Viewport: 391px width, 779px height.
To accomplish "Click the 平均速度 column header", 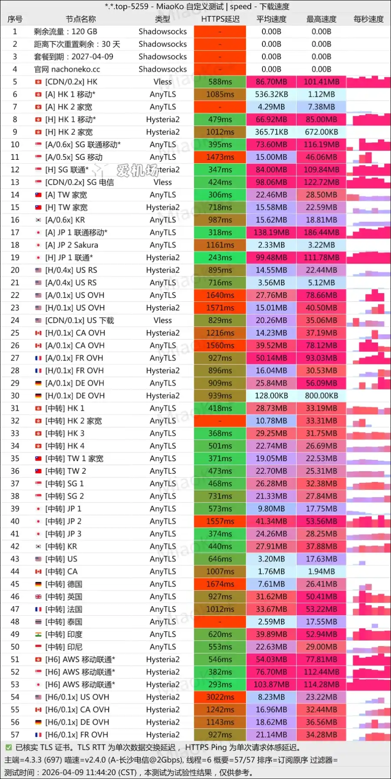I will [272, 19].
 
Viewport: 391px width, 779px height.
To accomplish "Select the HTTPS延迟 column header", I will [220, 19].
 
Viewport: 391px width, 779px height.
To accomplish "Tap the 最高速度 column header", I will [321, 19].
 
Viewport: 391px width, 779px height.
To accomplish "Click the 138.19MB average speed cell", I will [272, 233].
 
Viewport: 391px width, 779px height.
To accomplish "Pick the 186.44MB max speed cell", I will [321, 233].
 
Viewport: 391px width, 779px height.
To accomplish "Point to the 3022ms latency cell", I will [220, 697].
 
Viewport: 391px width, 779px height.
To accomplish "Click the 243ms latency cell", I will [220, 257].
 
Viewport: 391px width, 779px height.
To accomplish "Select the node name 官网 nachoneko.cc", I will [67, 69].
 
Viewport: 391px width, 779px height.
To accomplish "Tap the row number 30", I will [15, 396].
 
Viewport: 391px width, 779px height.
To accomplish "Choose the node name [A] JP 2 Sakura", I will [72, 245].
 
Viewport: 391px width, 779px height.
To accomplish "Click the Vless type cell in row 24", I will [162, 320].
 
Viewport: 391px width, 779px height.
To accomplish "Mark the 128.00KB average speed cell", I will [272, 396].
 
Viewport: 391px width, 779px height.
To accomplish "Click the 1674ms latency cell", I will [220, 584].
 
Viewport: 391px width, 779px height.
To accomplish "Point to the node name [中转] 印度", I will [64, 634].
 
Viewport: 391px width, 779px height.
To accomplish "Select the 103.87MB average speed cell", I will [272, 684].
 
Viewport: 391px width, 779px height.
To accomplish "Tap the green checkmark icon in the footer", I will [8, 747].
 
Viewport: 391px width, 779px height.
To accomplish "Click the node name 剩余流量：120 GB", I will [66, 32].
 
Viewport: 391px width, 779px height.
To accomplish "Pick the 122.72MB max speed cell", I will [321, 182].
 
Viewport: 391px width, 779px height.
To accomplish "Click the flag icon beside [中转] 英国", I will [38, 597].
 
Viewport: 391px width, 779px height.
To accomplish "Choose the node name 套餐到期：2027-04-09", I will [73, 57].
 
